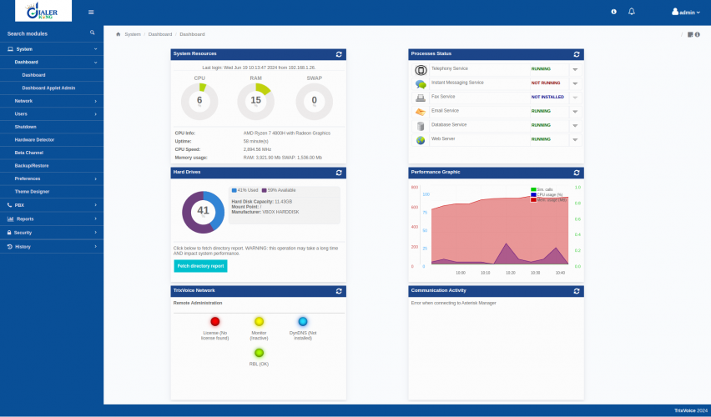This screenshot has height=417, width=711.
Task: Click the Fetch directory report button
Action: [x=200, y=266]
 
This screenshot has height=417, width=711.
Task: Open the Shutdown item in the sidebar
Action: [x=25, y=126]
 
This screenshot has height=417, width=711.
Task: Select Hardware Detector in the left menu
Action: [x=34, y=139]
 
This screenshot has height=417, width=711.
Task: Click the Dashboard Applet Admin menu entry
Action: [x=48, y=88]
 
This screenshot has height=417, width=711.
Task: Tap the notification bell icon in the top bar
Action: [x=632, y=12]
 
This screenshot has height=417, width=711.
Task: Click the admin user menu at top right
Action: [x=687, y=13]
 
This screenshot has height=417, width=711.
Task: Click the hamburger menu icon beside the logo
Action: [x=91, y=12]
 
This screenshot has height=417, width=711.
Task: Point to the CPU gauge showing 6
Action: [x=199, y=101]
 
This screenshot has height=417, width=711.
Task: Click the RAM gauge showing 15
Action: [x=256, y=101]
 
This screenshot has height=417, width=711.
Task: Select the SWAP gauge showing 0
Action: [x=314, y=101]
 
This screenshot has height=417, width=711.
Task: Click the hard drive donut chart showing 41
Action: [x=203, y=211]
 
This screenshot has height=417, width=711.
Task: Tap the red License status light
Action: [x=215, y=321]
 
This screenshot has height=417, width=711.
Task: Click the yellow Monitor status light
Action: [x=259, y=321]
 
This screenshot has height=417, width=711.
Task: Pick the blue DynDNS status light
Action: [x=303, y=321]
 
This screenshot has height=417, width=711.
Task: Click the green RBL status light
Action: [x=259, y=353]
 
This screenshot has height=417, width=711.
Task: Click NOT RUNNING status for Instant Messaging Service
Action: [x=546, y=83]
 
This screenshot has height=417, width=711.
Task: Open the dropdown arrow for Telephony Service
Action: [x=575, y=69]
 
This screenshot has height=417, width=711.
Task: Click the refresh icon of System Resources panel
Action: [x=339, y=53]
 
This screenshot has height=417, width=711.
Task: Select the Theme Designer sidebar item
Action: [x=32, y=191]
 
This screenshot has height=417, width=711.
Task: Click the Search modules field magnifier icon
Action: [x=93, y=33]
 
